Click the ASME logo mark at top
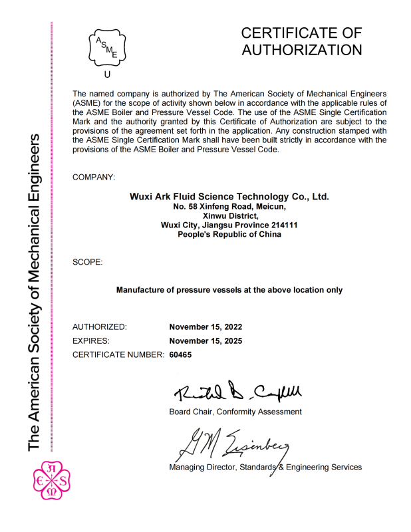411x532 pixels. point(107,47)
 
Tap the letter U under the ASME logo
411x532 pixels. point(108,74)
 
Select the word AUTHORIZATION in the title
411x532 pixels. point(301,50)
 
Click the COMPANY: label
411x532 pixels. point(94,177)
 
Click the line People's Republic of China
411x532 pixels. point(229,235)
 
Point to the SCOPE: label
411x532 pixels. point(87,263)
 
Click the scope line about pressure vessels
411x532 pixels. point(229,290)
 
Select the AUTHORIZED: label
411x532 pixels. point(99,327)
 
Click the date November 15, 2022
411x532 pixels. point(205,327)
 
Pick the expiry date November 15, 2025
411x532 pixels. point(205,341)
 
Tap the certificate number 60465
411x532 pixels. point(180,355)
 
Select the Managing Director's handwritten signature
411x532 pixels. point(229,442)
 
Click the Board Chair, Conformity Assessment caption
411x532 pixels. point(235,412)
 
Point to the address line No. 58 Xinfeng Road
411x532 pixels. point(229,207)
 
